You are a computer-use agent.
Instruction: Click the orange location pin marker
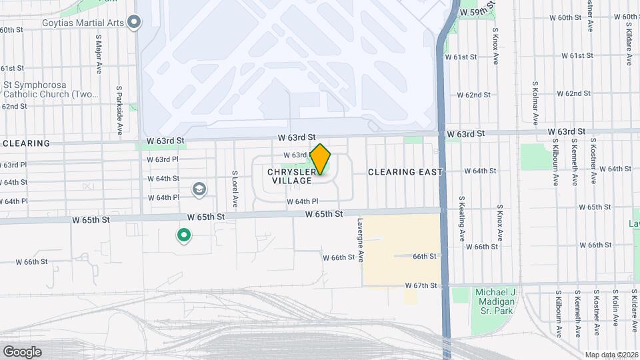pyautogui.click(x=321, y=159)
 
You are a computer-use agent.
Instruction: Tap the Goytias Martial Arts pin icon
pyautogui.click(x=134, y=23)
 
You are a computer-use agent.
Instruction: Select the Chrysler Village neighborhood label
pyautogui.click(x=290, y=176)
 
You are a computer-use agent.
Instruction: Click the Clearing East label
pyautogui.click(x=405, y=172)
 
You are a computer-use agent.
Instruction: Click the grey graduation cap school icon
pyautogui.click(x=199, y=190)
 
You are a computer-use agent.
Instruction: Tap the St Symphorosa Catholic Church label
pyautogui.click(x=50, y=89)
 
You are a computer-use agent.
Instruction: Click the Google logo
pyautogui.click(x=22, y=351)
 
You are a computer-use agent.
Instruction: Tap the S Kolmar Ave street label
pyautogui.click(x=535, y=103)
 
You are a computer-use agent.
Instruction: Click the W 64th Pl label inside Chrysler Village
pyautogui.click(x=303, y=201)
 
